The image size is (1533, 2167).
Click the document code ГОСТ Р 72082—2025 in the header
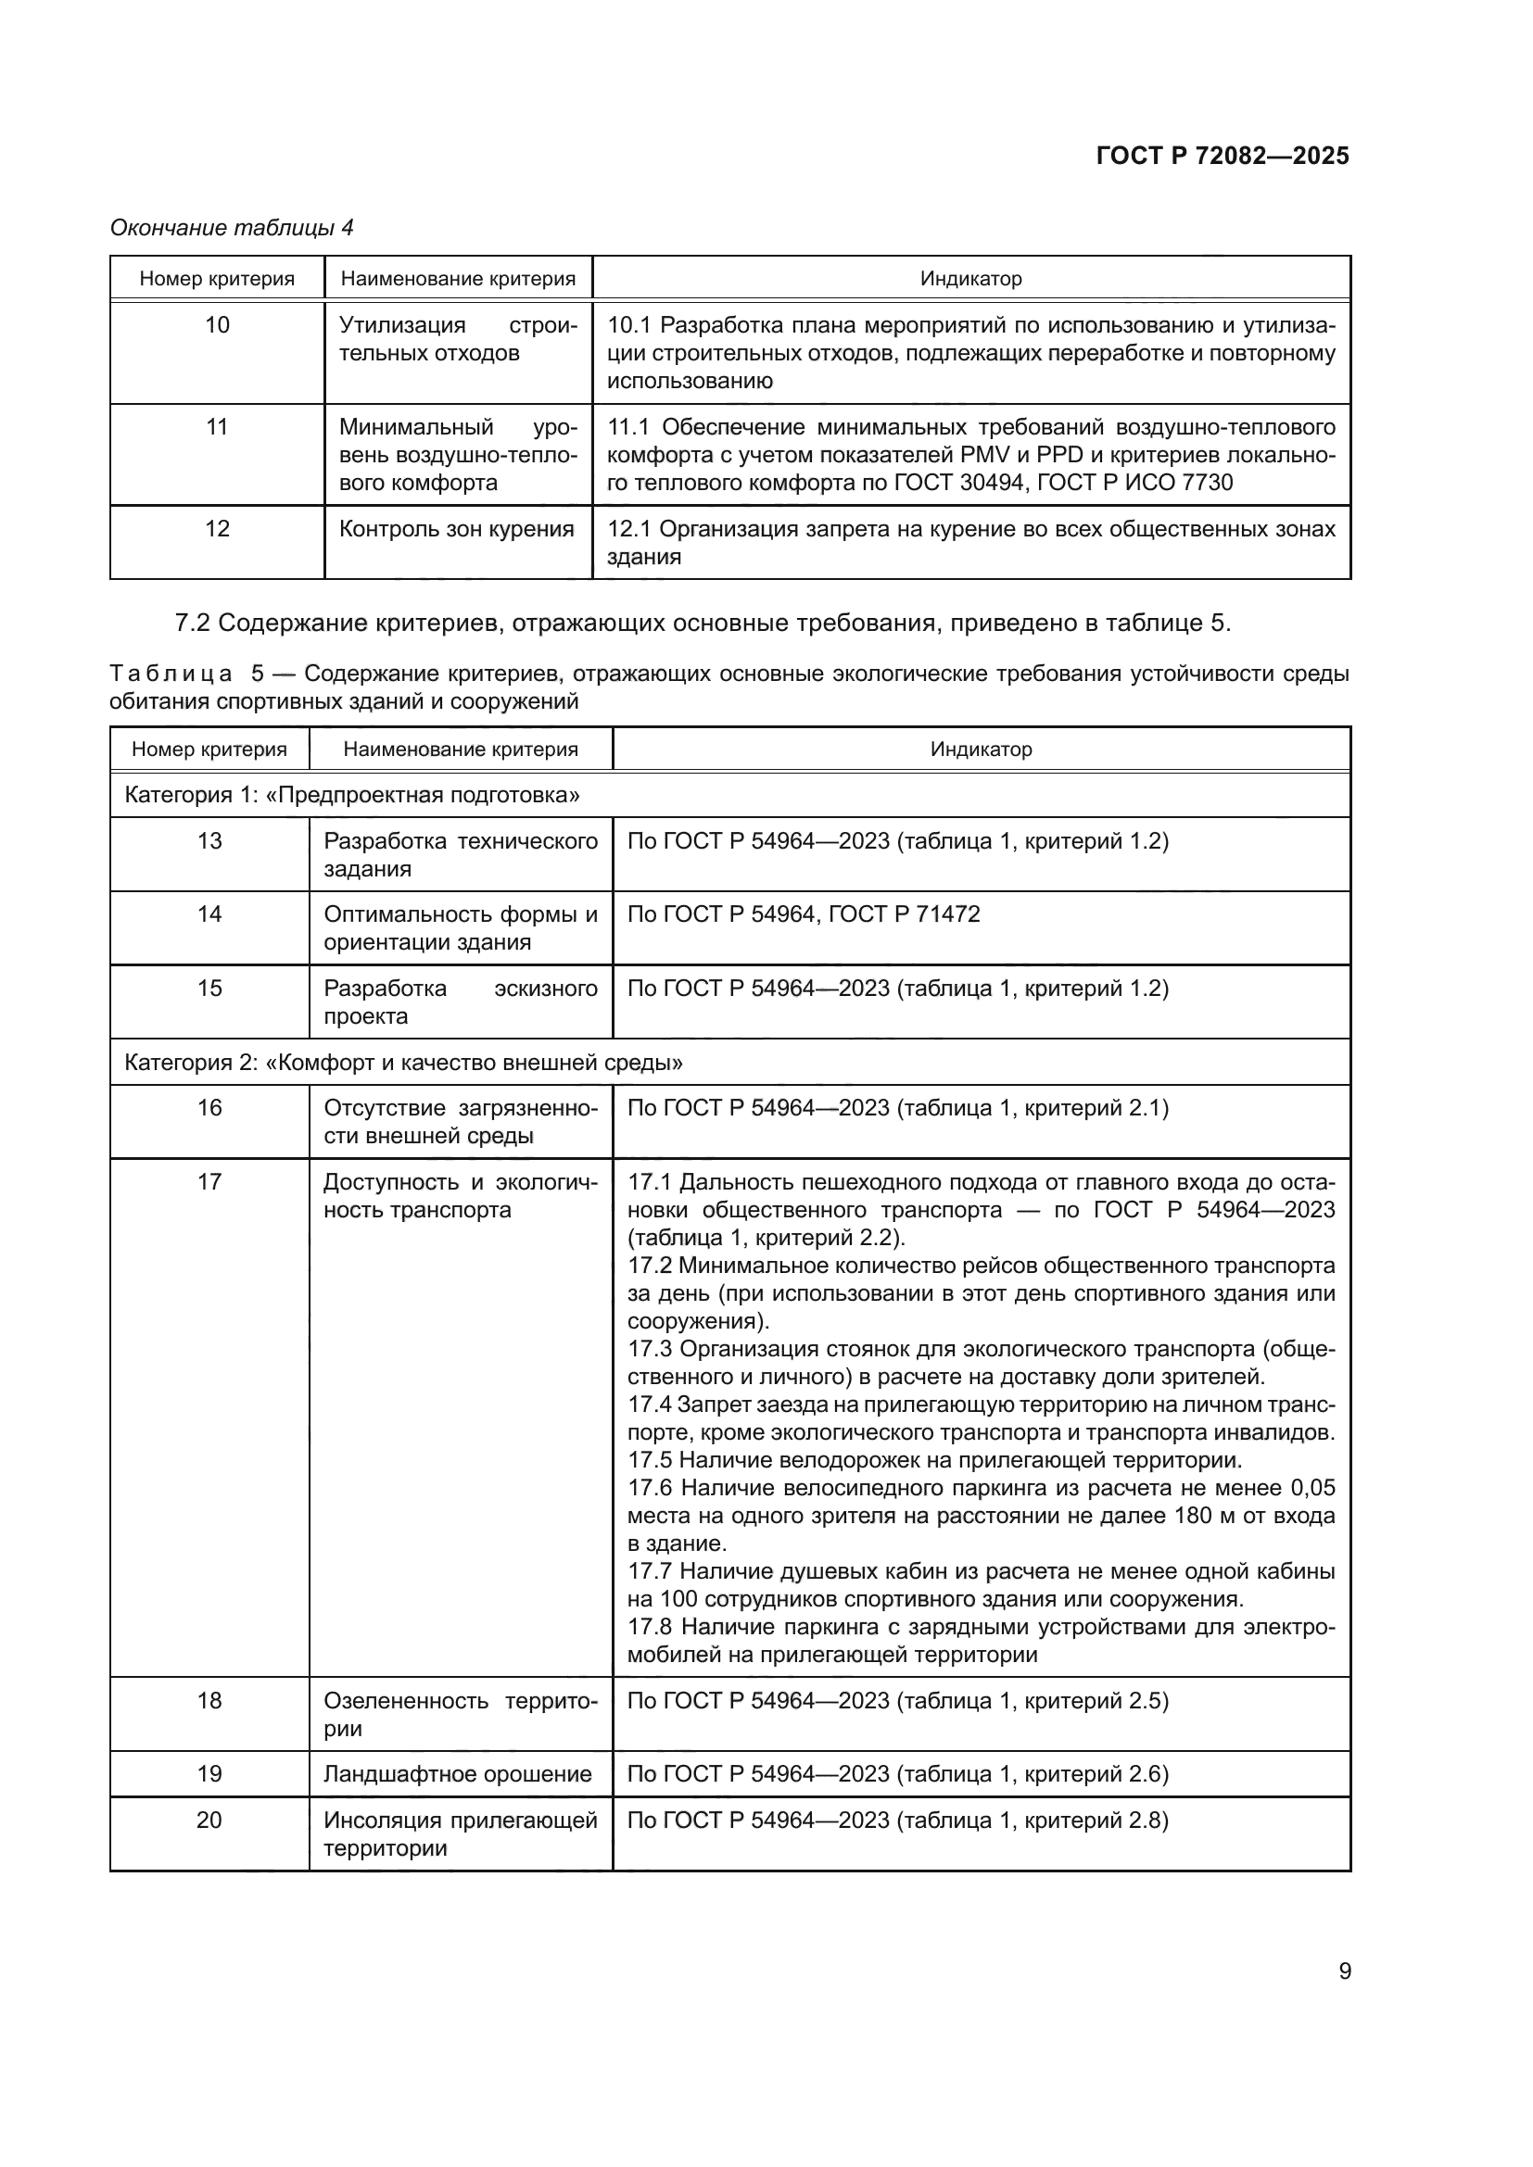pyautogui.click(x=1223, y=156)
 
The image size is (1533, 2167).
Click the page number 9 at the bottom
pyautogui.click(x=1345, y=1971)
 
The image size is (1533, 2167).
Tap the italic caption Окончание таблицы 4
pyautogui.click(x=232, y=228)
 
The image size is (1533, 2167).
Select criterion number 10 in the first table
pyautogui.click(x=217, y=325)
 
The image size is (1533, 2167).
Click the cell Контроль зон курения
pyautogui.click(x=457, y=528)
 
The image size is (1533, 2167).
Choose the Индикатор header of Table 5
pyautogui.click(x=981, y=750)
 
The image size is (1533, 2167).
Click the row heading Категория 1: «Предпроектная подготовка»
pyautogui.click(x=352, y=795)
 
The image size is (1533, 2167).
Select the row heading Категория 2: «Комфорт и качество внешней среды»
pyautogui.click(x=404, y=1063)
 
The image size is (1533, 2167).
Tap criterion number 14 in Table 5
pyautogui.click(x=209, y=913)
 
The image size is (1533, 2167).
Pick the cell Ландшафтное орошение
pyautogui.click(x=458, y=1773)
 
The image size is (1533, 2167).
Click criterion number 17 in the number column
pyautogui.click(x=209, y=1181)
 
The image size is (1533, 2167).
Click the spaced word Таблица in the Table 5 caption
pyautogui.click(x=171, y=674)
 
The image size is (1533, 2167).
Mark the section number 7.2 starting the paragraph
pyautogui.click(x=194, y=624)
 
